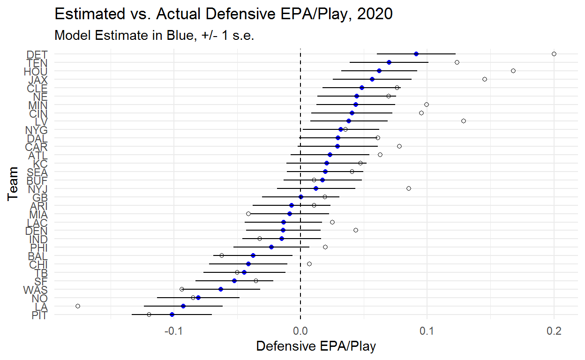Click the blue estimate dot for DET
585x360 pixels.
[416, 54]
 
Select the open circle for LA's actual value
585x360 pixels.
[78, 306]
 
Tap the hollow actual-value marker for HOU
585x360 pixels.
[513, 71]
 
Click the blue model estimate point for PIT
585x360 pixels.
[172, 315]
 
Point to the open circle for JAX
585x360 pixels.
[485, 79]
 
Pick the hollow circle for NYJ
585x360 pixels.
[409, 188]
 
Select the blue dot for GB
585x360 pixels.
[301, 197]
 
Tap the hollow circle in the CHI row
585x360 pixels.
[309, 264]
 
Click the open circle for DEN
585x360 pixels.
[356, 230]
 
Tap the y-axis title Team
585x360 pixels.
[14, 184]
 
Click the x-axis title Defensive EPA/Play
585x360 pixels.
[316, 346]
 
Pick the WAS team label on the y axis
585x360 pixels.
[35, 289]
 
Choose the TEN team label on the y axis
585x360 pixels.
[37, 62]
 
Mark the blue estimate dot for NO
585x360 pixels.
[198, 298]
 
